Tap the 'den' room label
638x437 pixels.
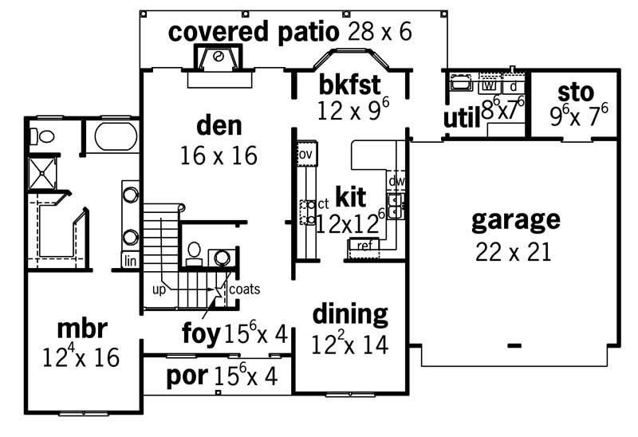coord(219,126)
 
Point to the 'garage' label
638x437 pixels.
coord(515,219)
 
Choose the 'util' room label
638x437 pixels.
coord(461,120)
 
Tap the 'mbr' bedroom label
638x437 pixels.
coord(82,329)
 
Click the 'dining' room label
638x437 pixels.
coord(350,314)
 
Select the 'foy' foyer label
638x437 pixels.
coord(201,334)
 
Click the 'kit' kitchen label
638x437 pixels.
coord(351,196)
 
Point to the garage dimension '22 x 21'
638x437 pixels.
coord(514,252)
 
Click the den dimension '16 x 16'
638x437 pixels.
coord(219,155)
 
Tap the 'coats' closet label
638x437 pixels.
coord(245,289)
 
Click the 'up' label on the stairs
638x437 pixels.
coord(159,289)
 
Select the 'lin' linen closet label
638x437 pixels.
coord(130,260)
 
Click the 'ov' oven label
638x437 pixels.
coord(305,152)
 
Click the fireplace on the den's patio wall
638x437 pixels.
coord(215,59)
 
